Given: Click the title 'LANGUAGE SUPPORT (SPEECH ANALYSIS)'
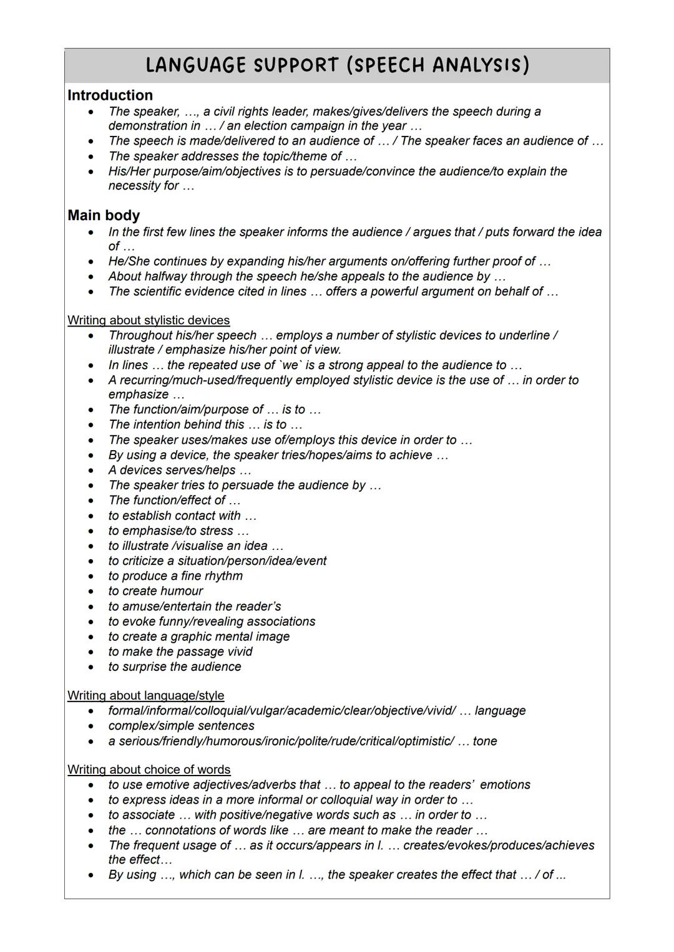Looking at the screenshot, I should pyautogui.click(x=337, y=65).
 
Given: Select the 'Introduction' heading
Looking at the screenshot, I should pyautogui.click(x=110, y=95).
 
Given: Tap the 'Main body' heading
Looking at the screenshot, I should pyautogui.click(x=104, y=215).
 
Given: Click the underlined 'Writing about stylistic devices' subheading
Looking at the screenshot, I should pyautogui.click(x=149, y=320).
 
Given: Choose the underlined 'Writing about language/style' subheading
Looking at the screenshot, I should pyautogui.click(x=145, y=696).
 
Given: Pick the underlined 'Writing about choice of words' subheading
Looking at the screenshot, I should pyautogui.click(x=149, y=770).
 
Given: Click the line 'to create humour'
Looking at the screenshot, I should pyautogui.click(x=155, y=591).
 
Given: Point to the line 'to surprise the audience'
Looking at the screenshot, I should pyautogui.click(x=175, y=667).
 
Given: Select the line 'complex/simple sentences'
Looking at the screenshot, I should pyautogui.click(x=181, y=726).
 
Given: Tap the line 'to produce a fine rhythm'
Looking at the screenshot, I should pyautogui.click(x=175, y=576).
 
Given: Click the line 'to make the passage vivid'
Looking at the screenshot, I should pyautogui.click(x=180, y=652).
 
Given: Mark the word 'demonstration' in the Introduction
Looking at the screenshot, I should pyautogui.click(x=147, y=126).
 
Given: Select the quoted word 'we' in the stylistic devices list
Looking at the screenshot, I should pyautogui.click(x=290, y=365).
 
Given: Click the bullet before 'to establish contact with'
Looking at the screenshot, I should pyautogui.click(x=92, y=516).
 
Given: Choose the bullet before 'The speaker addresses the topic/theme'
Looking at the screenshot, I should pyautogui.click(x=92, y=156).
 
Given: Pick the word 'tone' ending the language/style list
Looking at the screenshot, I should pyautogui.click(x=485, y=741).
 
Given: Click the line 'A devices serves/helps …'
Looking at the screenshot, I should pyautogui.click(x=180, y=471).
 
